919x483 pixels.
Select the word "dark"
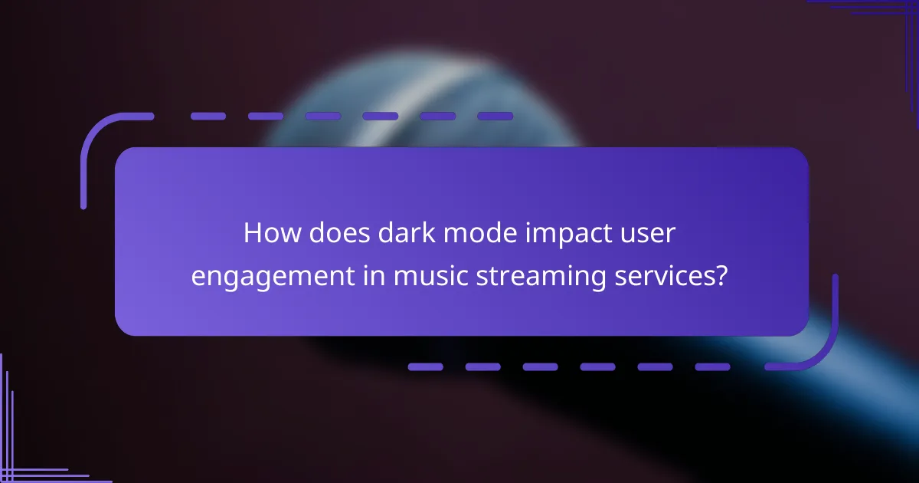pyautogui.click(x=401, y=234)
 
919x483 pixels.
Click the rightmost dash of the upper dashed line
pyautogui.click(x=495, y=117)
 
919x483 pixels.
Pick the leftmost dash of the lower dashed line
pyautogui.click(x=426, y=366)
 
